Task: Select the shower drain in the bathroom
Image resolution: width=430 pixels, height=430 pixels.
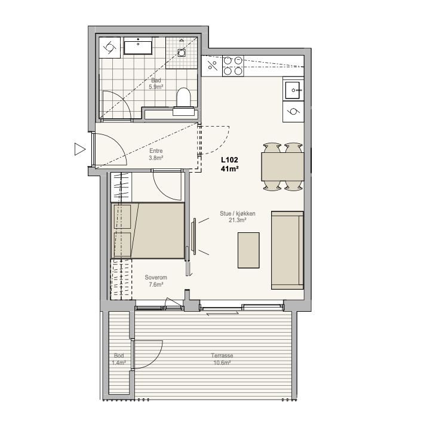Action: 182,52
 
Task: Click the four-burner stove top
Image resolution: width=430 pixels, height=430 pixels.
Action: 233,66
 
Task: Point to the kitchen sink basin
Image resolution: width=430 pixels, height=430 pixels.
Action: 292,90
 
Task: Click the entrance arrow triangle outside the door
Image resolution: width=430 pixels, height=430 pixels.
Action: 80,149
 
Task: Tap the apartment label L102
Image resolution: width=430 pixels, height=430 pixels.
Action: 229,159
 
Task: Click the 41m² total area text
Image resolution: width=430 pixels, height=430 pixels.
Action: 229,169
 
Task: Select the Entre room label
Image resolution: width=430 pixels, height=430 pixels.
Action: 156,151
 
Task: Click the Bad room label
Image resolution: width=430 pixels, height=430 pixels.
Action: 156,81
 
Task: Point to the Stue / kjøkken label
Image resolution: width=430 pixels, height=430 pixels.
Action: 238,213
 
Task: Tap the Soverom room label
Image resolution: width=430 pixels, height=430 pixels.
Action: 156,277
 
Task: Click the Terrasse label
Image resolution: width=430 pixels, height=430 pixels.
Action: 222,356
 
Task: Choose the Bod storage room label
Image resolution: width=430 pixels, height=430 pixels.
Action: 119,356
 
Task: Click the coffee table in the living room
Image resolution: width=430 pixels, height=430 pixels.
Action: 248,250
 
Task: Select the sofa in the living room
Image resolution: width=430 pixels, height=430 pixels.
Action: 287,250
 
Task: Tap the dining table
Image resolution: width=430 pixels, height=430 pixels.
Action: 282,167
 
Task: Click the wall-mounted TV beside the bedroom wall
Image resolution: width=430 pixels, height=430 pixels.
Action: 195,236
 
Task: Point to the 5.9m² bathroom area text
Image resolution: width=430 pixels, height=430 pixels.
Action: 156,87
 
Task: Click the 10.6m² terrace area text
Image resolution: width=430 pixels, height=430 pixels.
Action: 222,363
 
